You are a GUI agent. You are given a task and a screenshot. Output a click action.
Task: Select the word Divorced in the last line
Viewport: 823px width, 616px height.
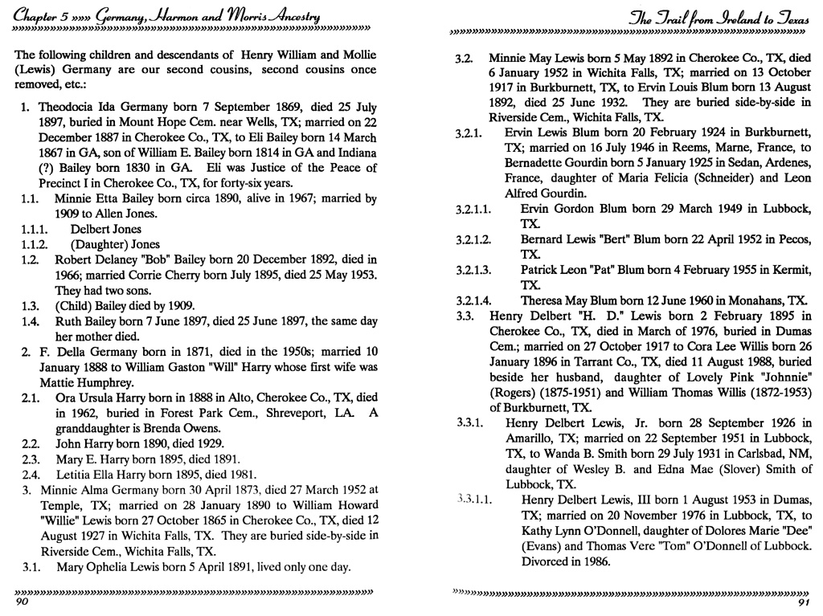[x=548, y=561]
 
